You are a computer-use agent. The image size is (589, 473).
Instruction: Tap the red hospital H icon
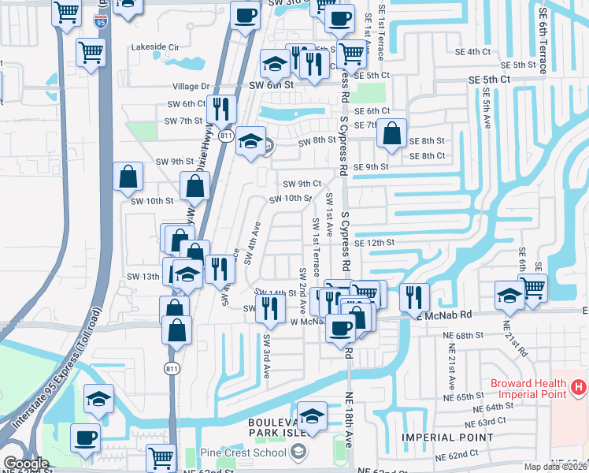click(x=579, y=387)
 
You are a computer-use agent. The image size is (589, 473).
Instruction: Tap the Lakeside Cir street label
click(x=161, y=47)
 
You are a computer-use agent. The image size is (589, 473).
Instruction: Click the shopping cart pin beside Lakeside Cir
click(x=92, y=53)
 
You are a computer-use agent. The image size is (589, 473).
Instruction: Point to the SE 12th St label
click(x=374, y=243)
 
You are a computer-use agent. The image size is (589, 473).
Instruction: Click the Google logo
click(x=25, y=464)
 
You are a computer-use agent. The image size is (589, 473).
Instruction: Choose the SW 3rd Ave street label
click(x=267, y=354)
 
